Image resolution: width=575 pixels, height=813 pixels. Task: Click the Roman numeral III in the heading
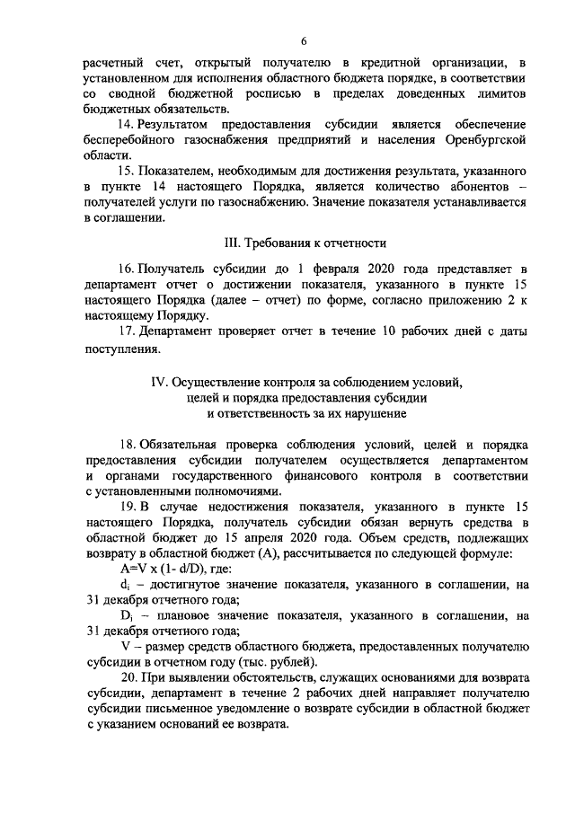point(232,243)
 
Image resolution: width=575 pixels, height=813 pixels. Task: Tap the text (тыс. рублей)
point(301,661)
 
